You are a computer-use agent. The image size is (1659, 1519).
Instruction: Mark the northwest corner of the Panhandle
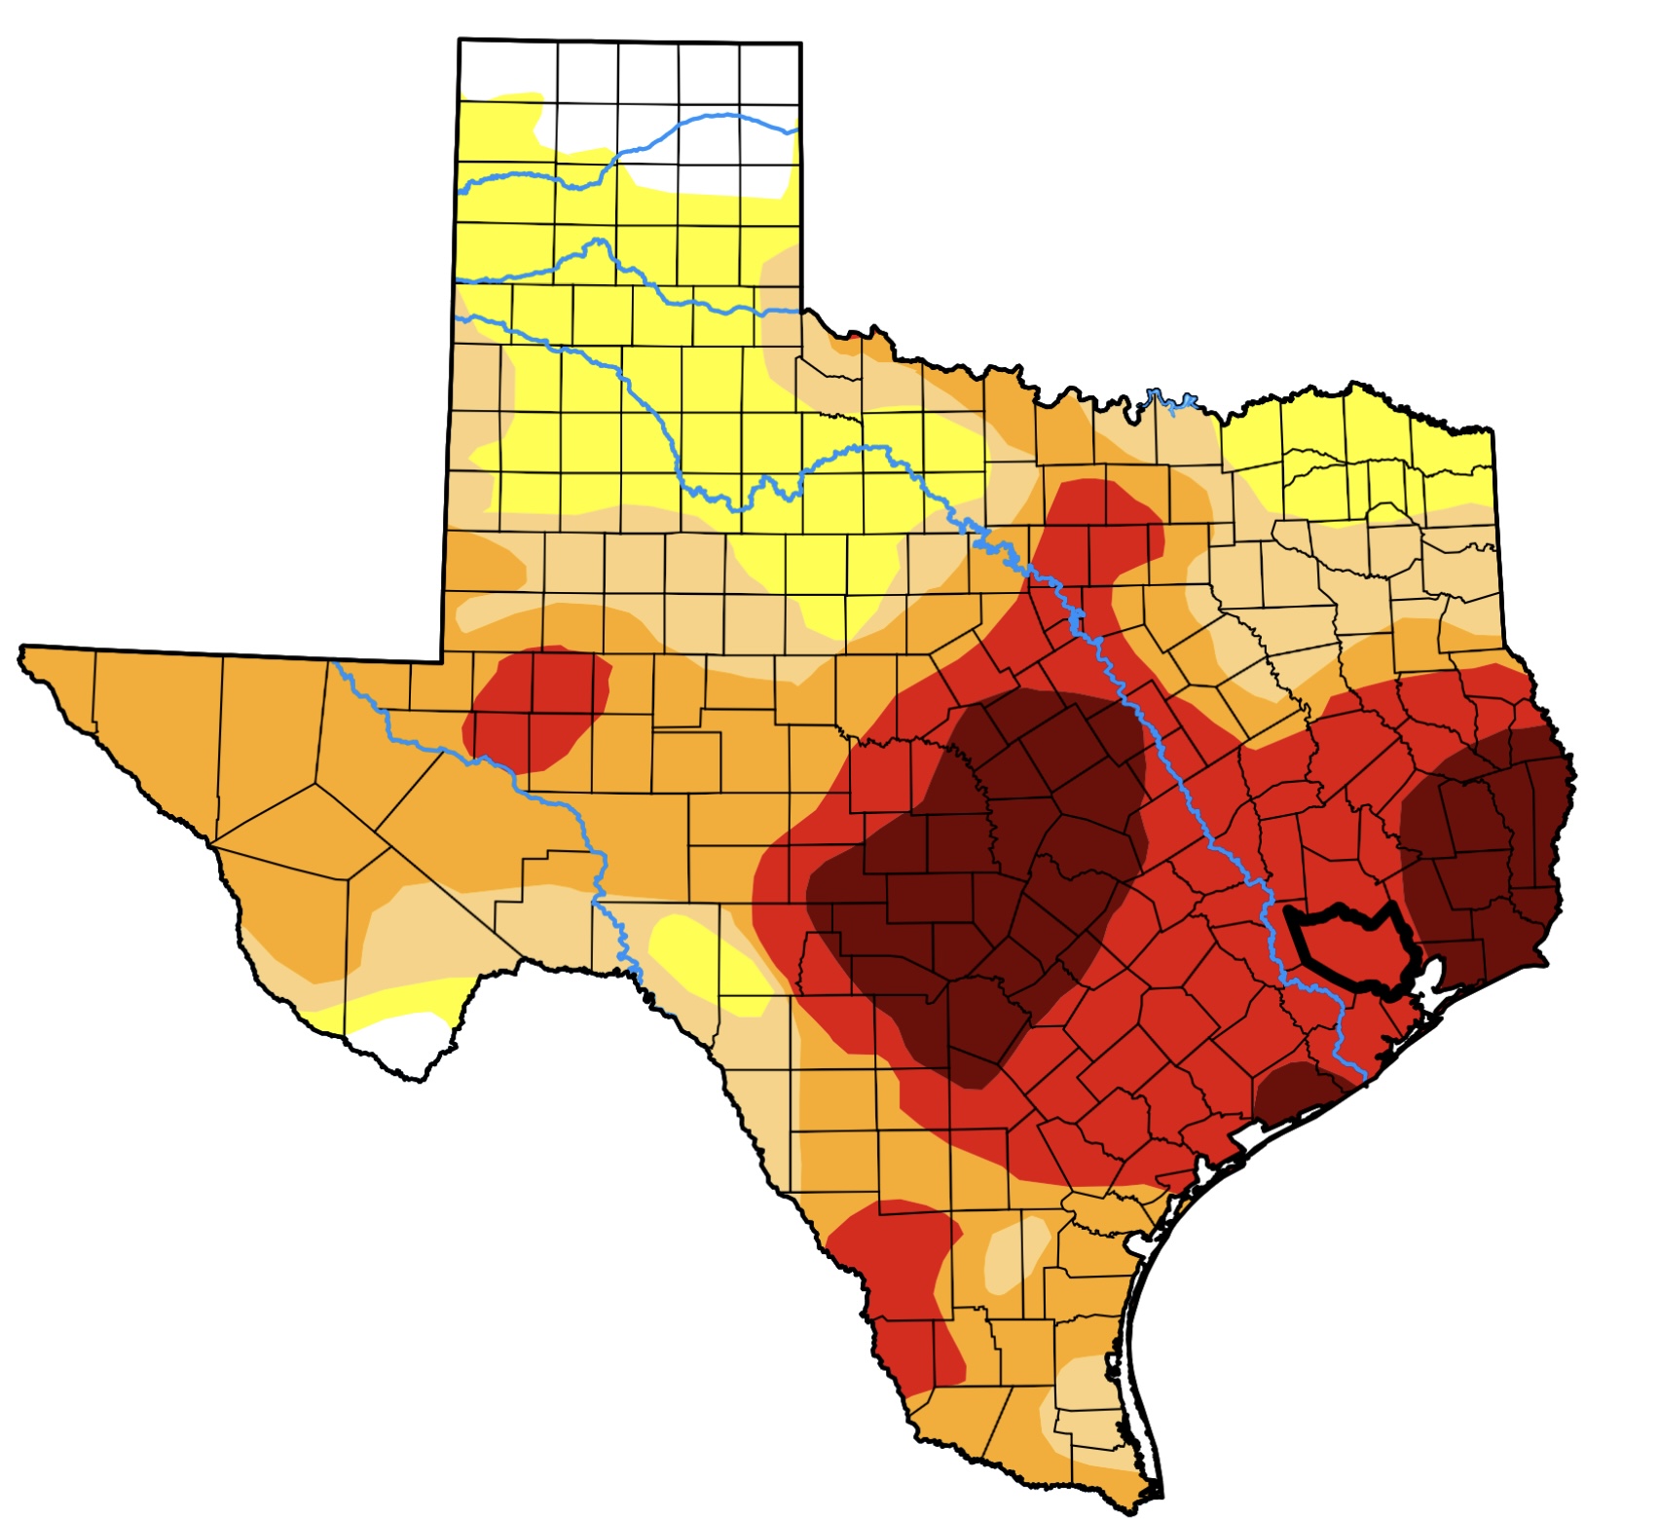461,42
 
